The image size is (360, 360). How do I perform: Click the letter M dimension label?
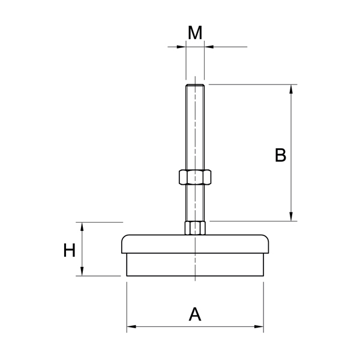pyautogui.click(x=194, y=33)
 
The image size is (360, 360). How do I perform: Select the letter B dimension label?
pyautogui.click(x=280, y=155)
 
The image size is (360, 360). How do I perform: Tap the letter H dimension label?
pyautogui.click(x=70, y=250)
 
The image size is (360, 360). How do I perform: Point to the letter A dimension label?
pyautogui.click(x=195, y=314)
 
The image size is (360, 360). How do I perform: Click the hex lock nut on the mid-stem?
pyautogui.click(x=194, y=177)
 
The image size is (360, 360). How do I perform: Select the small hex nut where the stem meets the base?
pyautogui.click(x=195, y=228)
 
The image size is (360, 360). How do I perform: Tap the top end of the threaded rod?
pyautogui.click(x=195, y=86)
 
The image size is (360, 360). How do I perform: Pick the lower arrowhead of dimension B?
pyautogui.click(x=292, y=217)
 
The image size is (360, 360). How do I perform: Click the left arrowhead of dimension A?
pyautogui.click(x=131, y=327)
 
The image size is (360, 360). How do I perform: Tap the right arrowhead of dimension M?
pyautogui.click(x=208, y=46)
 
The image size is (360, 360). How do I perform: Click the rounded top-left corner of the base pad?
pyautogui.click(x=124, y=238)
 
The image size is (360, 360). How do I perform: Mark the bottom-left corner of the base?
pyautogui.click(x=127, y=276)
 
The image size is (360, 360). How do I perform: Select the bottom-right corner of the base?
pyautogui.click(x=263, y=276)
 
